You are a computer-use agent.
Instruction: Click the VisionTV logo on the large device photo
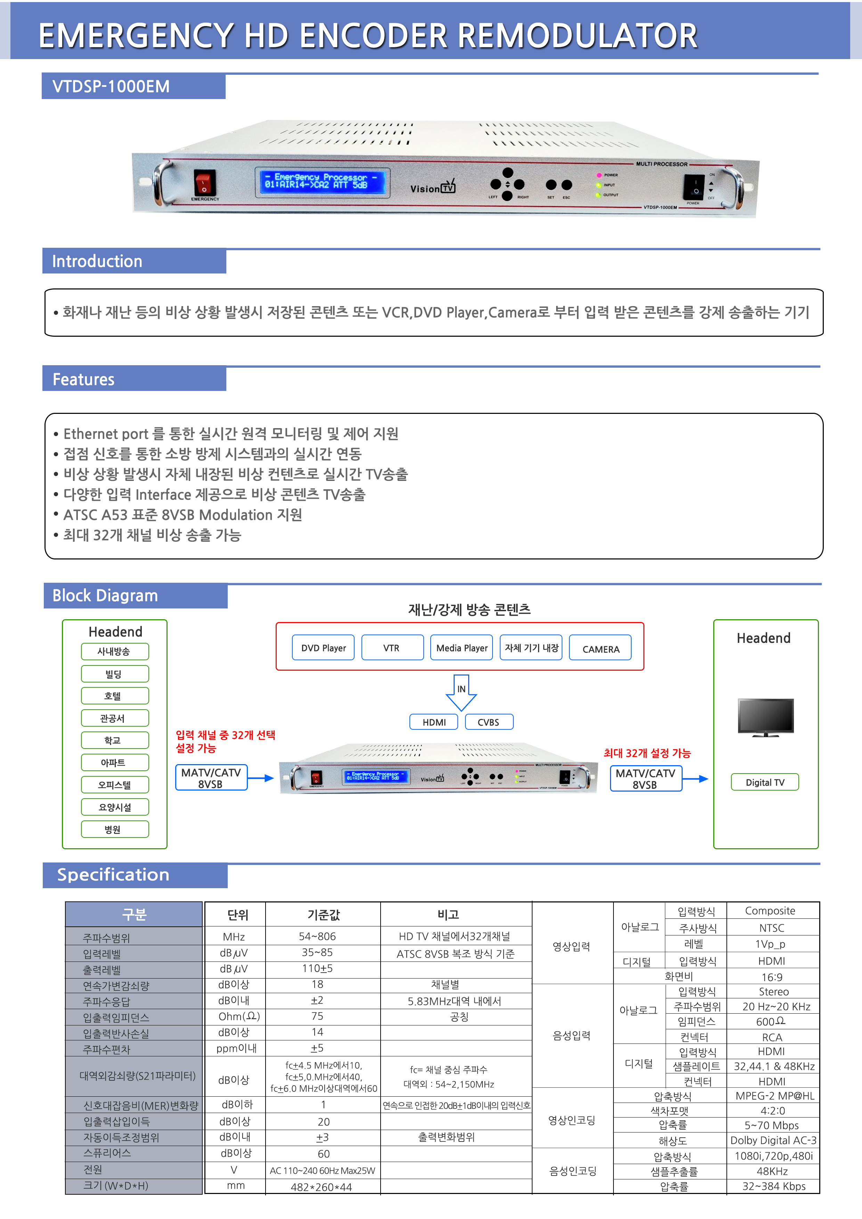pyautogui.click(x=432, y=187)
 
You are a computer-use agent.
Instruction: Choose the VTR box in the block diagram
pyautogui.click(x=392, y=648)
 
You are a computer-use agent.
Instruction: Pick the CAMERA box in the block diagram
pyautogui.click(x=600, y=649)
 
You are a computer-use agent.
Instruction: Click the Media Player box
pyautogui.click(x=462, y=648)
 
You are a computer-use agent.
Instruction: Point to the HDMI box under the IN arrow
pyautogui.click(x=434, y=722)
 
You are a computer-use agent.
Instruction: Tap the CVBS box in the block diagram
pyautogui.click(x=489, y=722)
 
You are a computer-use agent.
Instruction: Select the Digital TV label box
pyautogui.click(x=765, y=782)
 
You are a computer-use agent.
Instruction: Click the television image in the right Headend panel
pyautogui.click(x=765, y=717)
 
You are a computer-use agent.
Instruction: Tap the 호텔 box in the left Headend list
pyautogui.click(x=115, y=696)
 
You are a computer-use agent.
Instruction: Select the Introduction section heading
pyautogui.click(x=98, y=261)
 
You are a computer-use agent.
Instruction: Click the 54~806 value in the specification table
pyautogui.click(x=317, y=936)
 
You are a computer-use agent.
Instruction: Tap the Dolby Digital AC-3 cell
pyautogui.click(x=773, y=1140)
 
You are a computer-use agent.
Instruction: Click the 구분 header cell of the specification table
pyautogui.click(x=134, y=914)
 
